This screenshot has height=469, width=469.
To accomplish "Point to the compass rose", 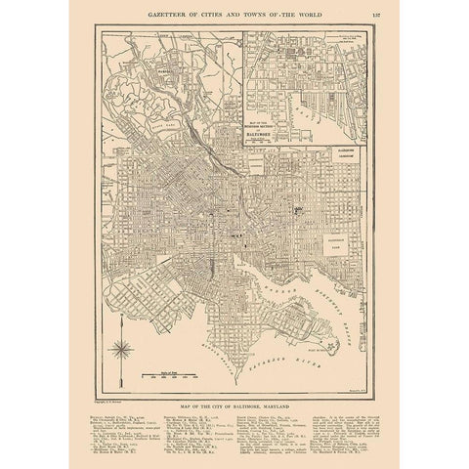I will tap(121, 348).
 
